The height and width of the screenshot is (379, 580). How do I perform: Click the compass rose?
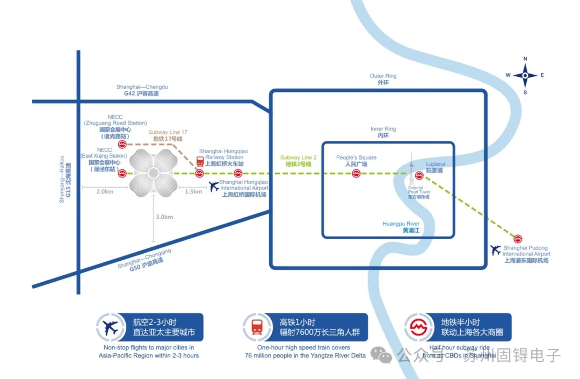pos(525,75)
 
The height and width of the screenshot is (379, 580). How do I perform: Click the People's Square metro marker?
pos(356,174)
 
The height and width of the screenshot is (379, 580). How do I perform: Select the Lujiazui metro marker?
pos(419,175)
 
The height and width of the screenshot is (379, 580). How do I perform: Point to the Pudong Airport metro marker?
pos(518,238)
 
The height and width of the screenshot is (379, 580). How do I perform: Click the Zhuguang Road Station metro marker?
pos(122,144)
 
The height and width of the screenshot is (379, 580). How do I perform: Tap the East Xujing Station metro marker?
pos(122,173)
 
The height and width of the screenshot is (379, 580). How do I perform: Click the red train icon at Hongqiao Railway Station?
pos(200,161)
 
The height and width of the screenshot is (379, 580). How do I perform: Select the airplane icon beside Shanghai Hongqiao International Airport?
pos(214,186)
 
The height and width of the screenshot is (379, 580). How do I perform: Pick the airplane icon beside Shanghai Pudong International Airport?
pos(495,250)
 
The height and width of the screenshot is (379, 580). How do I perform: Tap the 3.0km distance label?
pos(164,217)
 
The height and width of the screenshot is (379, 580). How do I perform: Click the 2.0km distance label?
pos(105,192)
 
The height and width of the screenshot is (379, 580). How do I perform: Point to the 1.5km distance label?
pos(194,192)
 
